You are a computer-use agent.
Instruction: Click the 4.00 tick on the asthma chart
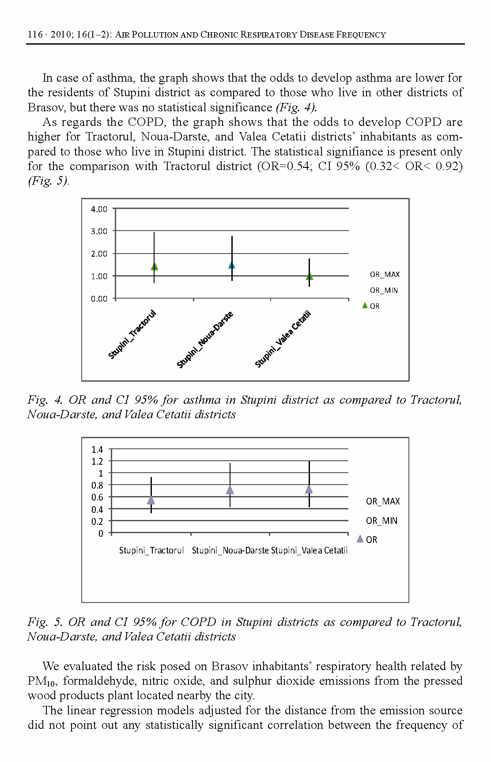pos(99,209)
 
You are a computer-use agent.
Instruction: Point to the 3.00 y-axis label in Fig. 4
pos(99,231)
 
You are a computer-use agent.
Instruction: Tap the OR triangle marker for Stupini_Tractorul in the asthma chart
pos(154,266)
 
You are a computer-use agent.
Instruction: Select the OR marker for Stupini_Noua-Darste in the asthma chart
pos(232,265)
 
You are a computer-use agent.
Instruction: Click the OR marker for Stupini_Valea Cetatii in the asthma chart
pos(310,276)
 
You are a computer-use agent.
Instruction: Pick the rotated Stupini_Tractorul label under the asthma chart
pos(132,334)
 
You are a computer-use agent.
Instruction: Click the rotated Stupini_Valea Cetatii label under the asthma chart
pos(283,339)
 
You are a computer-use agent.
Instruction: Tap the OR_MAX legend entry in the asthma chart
pos(385,275)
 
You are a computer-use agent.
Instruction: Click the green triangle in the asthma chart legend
pos(365,305)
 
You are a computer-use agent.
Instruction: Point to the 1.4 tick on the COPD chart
pos(97,450)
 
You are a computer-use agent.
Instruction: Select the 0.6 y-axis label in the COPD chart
pos(97,497)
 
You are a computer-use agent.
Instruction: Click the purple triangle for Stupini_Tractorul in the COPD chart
pos(151,500)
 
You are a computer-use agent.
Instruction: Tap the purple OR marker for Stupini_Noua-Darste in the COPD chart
pos(230,489)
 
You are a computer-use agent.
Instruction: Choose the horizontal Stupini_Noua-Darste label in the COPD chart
pos(230,550)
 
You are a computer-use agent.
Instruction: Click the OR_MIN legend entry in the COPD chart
pos(381,521)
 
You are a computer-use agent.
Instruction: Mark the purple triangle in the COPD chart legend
pos(360,539)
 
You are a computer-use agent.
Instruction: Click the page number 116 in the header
pos(35,35)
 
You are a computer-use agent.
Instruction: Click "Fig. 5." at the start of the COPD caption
pos(45,622)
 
